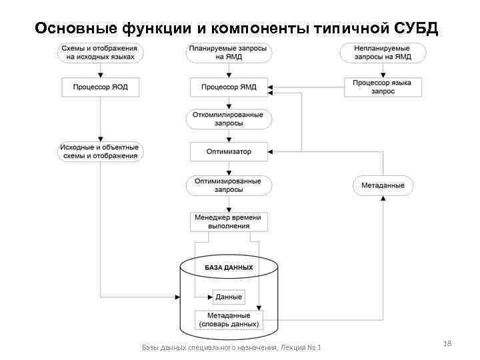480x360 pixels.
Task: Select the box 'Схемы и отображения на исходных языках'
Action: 99,53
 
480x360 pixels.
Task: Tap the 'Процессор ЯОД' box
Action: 100,87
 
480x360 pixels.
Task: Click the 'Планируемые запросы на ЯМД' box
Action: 229,53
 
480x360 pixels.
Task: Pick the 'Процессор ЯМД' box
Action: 229,87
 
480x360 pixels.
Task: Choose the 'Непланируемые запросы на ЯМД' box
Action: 383,53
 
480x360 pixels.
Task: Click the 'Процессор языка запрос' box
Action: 383,87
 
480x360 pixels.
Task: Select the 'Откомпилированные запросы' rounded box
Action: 229,119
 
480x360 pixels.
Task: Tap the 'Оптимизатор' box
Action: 229,151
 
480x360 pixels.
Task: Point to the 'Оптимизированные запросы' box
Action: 229,185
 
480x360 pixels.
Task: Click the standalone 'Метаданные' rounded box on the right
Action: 383,185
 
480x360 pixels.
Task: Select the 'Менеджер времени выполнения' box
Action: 229,221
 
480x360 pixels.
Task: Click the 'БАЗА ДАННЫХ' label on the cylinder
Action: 229,267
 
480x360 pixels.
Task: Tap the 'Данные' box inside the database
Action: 229,297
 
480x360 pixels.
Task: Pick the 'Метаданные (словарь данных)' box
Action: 229,319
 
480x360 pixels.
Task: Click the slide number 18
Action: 447,343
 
